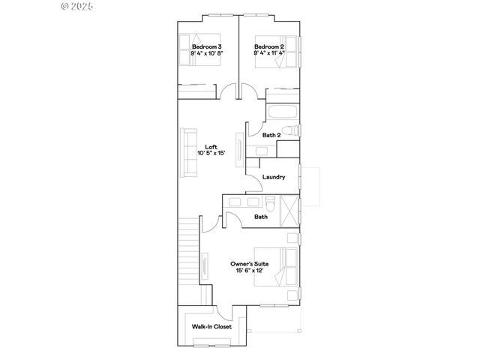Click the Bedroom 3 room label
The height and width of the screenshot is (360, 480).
[207, 46]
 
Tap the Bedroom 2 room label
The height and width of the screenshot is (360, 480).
[269, 46]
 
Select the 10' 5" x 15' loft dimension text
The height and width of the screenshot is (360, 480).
[211, 153]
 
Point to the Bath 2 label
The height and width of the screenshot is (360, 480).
[271, 135]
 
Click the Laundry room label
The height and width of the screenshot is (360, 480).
[274, 177]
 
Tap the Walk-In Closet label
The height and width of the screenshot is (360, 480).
[211, 327]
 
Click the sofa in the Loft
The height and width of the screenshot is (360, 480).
[187, 153]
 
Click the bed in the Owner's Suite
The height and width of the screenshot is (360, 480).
[286, 265]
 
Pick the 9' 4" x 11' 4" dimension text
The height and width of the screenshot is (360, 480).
[269, 53]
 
